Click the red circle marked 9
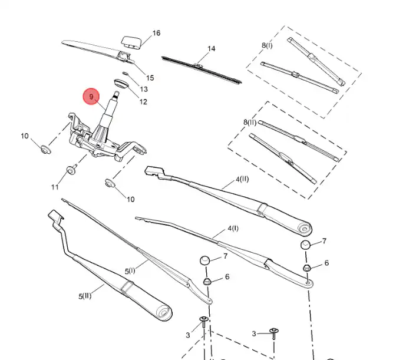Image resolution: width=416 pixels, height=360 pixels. click(91, 96)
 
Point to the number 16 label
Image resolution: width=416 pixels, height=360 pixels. click(156, 33)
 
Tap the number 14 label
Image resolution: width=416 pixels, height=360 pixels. click(212, 48)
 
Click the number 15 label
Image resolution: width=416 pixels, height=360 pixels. click(150, 78)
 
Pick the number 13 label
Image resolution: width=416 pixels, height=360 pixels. click(144, 90)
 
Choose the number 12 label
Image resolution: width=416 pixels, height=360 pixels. click(143, 102)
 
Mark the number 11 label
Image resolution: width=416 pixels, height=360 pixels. click(55, 187)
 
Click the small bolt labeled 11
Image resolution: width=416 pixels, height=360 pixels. click(71, 170)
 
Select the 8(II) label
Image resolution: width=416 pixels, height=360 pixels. click(250, 123)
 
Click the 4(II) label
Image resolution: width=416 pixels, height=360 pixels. click(243, 179)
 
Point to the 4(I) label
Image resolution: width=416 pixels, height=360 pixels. click(233, 228)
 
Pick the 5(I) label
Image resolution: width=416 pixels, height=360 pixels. click(130, 271)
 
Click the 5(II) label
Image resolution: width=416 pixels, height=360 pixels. click(86, 296)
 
